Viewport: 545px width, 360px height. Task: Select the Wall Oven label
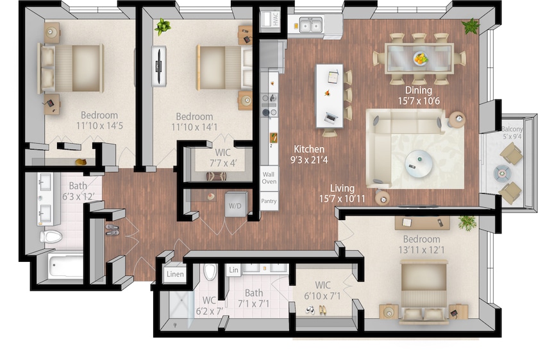click(269, 177)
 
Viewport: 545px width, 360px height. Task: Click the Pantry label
click(269, 201)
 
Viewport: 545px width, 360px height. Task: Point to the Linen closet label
click(175, 275)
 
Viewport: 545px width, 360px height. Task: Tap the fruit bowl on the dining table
click(420, 58)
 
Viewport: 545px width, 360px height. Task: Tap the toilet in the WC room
click(210, 273)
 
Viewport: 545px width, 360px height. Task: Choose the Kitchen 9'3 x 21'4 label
click(308, 155)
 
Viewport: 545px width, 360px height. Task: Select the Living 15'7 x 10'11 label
click(342, 193)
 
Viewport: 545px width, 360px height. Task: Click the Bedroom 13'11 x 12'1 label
click(421, 244)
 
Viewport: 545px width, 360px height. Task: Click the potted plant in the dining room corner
click(471, 26)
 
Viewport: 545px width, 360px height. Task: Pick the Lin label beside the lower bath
click(233, 271)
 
